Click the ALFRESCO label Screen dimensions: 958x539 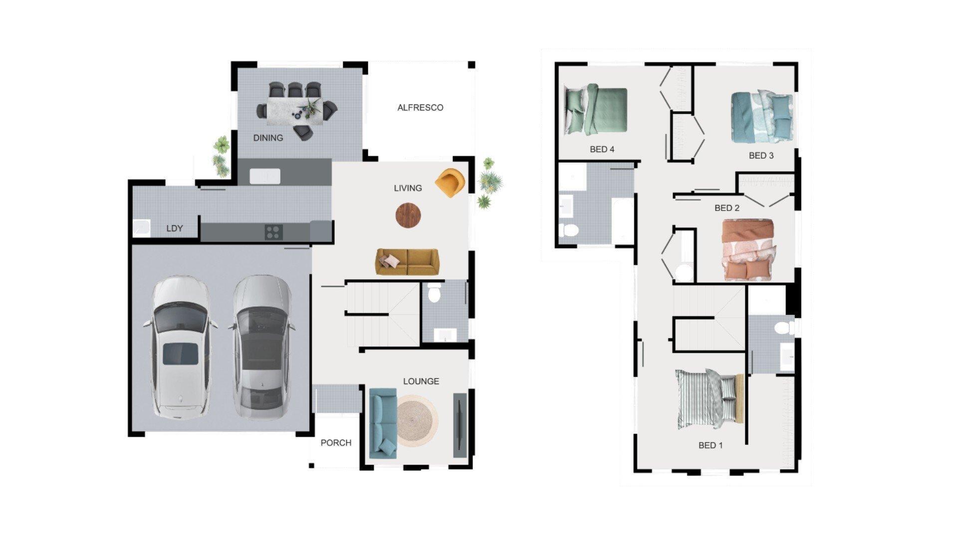point(420,107)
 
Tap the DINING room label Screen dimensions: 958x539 point(268,138)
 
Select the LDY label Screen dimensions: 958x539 point(175,228)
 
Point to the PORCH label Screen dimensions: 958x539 point(336,443)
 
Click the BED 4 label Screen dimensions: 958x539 point(602,149)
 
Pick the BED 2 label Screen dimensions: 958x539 point(727,208)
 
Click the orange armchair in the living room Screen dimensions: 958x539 point(450,183)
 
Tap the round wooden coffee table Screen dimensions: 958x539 point(408,216)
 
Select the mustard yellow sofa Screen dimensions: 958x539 point(408,262)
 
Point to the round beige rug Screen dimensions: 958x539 point(417,421)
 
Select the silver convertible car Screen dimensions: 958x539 point(261,347)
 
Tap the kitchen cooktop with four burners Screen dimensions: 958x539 point(273,232)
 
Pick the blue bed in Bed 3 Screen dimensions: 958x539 point(762,117)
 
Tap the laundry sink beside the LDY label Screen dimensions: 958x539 point(142,228)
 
